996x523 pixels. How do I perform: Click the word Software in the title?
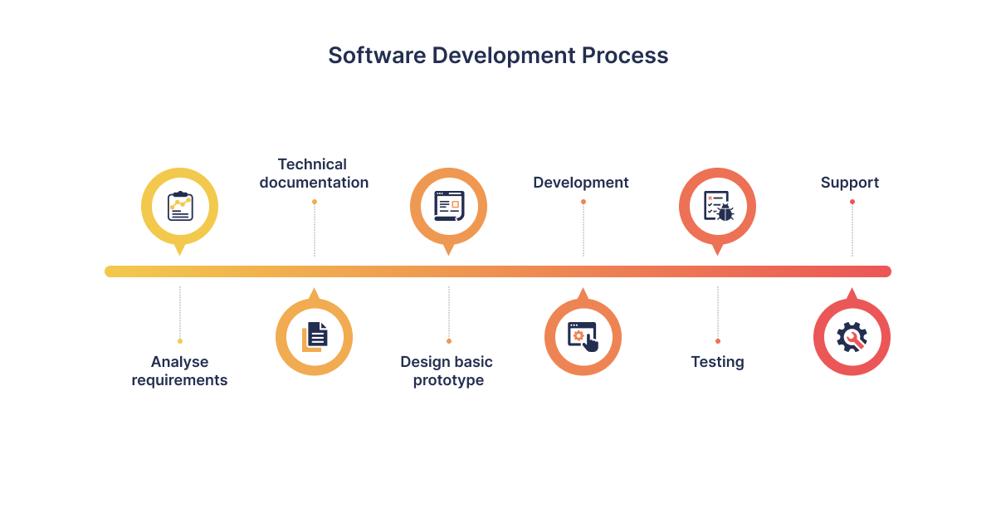tap(377, 56)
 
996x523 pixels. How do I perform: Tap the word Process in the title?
tap(625, 56)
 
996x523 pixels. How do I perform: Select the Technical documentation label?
tap(314, 174)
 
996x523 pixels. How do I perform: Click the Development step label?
tap(581, 183)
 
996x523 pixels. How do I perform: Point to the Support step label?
tap(850, 183)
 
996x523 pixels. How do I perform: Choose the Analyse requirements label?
tap(179, 371)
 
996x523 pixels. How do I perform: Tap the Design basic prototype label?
tap(447, 371)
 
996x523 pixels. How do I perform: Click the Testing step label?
tap(718, 362)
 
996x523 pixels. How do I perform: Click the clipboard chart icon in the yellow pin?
tap(180, 206)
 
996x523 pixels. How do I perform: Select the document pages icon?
tap(315, 337)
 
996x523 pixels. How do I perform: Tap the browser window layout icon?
tap(449, 206)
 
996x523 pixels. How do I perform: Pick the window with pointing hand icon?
tap(583, 337)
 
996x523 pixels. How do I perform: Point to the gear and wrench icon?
tap(852, 337)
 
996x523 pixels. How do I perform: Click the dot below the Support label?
tap(852, 202)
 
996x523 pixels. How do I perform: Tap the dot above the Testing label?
tap(718, 341)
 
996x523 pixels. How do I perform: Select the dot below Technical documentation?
tap(315, 202)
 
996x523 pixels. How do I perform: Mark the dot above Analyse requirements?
tap(180, 341)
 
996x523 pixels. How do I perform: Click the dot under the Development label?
tap(583, 202)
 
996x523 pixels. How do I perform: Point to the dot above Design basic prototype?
tap(449, 341)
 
